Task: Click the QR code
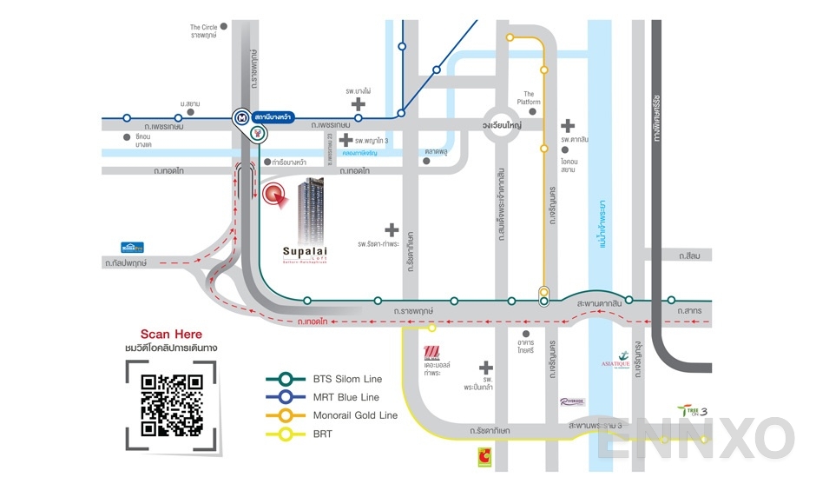click(172, 404)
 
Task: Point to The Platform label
click(529, 98)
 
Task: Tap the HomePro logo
click(132, 247)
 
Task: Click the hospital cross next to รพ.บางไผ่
click(358, 104)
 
